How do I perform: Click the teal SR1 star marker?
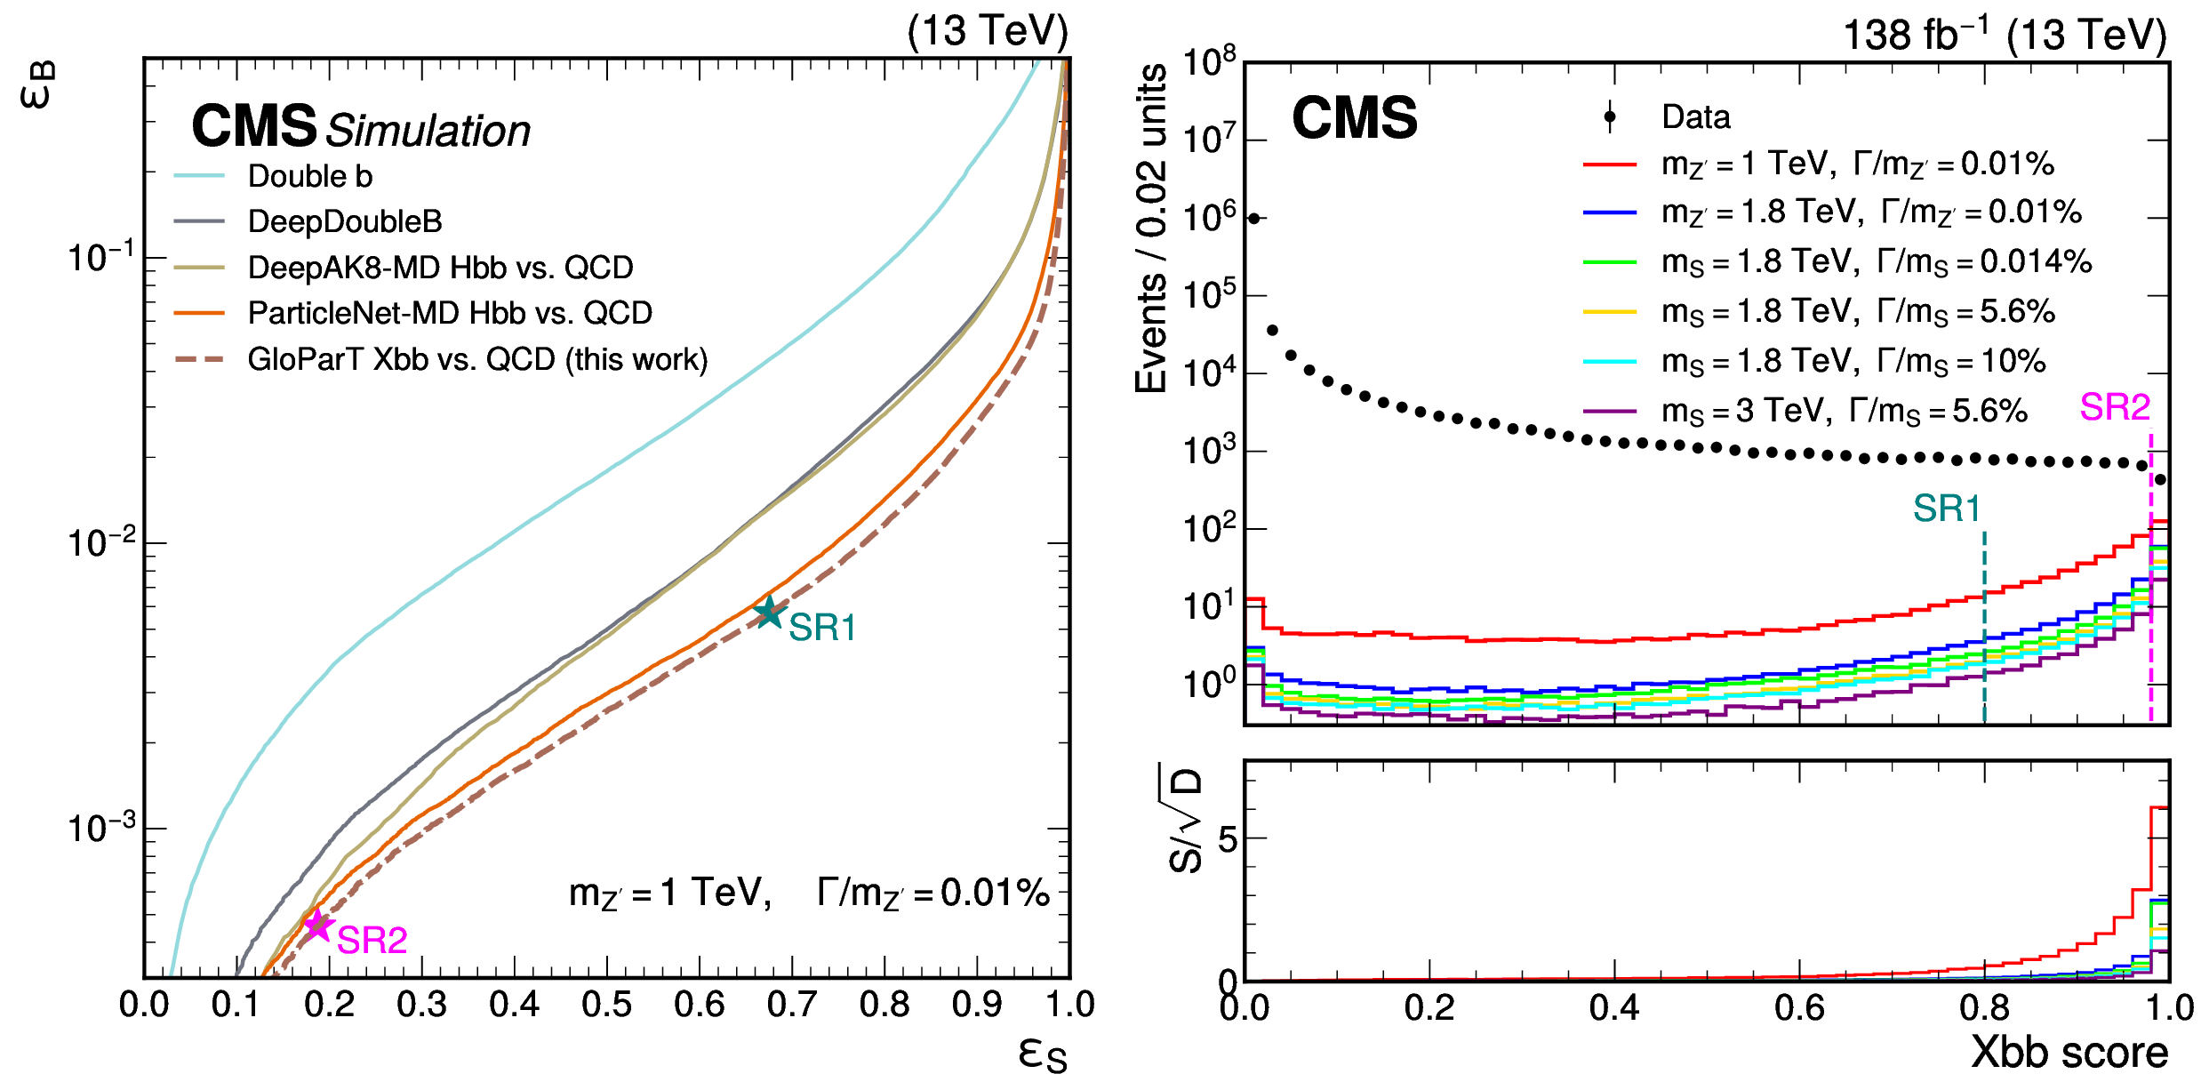point(768,613)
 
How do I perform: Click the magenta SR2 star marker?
point(317,926)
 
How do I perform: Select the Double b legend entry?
point(309,176)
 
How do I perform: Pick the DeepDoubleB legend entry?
point(344,221)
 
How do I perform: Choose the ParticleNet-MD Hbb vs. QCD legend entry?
point(449,313)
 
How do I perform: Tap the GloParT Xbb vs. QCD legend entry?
point(476,359)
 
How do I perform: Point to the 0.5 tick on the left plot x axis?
point(607,1005)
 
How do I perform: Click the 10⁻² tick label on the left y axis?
point(100,542)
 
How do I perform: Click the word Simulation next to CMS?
point(428,131)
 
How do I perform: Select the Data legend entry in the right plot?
point(1695,116)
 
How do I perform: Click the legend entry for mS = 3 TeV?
point(1844,411)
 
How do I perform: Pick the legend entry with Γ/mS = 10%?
point(1853,361)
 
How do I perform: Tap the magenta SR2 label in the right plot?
point(2115,407)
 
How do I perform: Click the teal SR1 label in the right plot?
point(1947,509)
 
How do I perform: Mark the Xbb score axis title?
point(2069,1053)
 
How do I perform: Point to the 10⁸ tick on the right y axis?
point(1209,62)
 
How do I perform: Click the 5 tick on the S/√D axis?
point(1227,838)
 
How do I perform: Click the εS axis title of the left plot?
point(1042,1054)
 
